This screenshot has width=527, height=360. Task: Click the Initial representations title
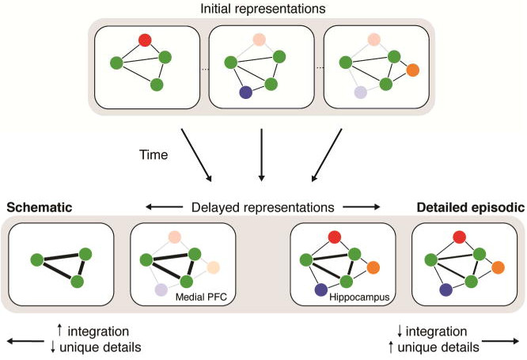[x=263, y=9]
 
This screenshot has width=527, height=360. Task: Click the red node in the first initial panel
[x=144, y=40]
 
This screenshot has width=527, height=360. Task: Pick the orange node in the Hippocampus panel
[x=374, y=266]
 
